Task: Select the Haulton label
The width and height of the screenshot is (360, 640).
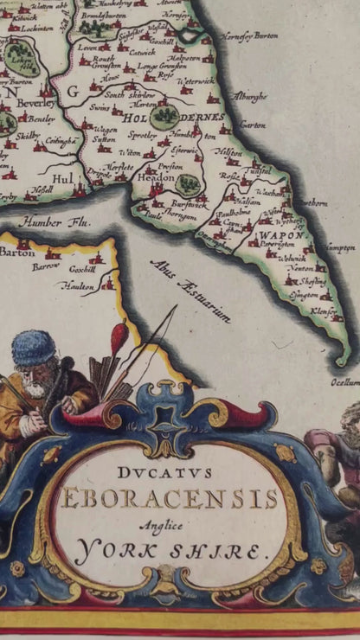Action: tap(80, 282)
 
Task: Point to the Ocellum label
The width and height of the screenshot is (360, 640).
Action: tap(344, 381)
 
